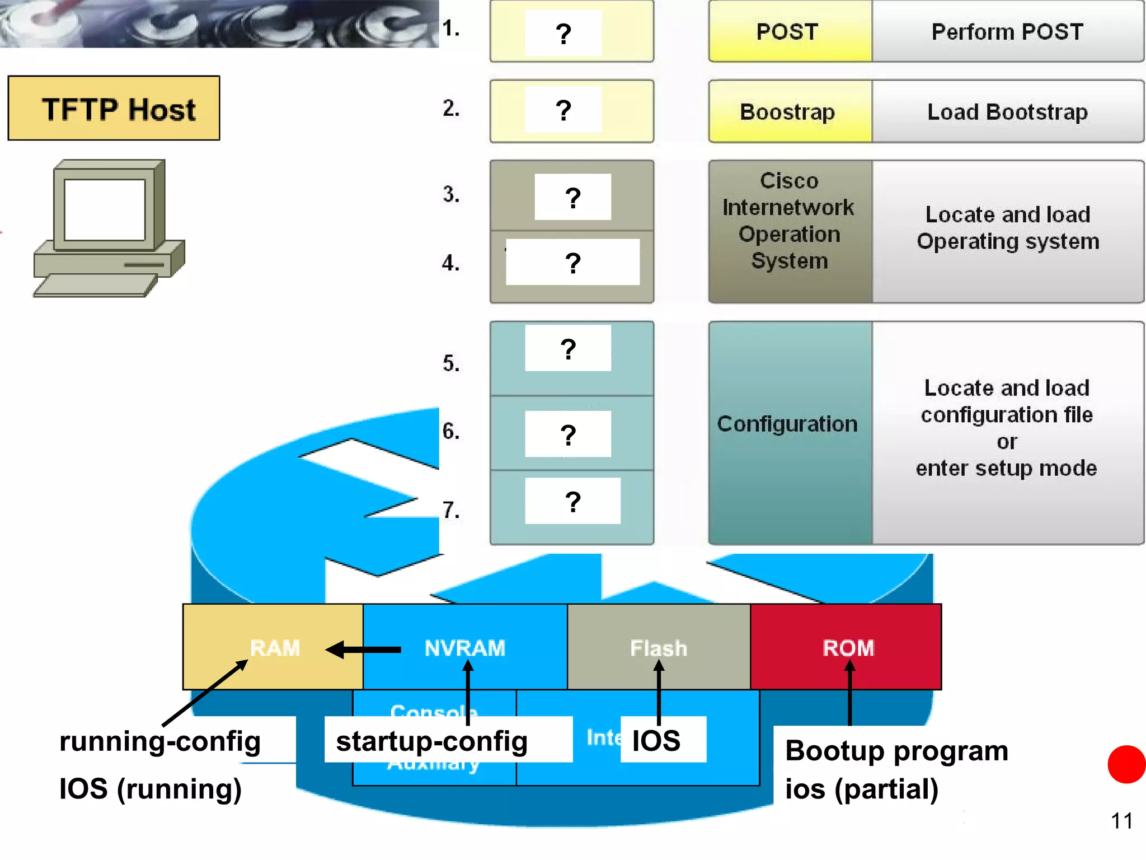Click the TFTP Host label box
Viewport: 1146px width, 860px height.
pos(114,108)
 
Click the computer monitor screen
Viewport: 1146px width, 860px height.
pos(105,209)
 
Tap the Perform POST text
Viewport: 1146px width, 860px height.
pos(1007,31)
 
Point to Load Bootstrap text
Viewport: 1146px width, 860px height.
pos(1007,111)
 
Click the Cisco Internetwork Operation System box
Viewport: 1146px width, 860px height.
pos(790,221)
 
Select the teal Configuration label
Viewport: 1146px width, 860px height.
pos(787,424)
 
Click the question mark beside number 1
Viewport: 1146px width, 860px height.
pos(563,33)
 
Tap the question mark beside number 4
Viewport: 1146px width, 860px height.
pos(572,262)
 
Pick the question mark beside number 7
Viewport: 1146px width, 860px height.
pos(572,501)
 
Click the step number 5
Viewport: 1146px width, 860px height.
pos(451,363)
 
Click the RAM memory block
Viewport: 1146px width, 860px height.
pos(274,647)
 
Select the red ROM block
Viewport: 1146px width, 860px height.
pos(847,647)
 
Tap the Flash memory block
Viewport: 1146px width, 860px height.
pos(659,647)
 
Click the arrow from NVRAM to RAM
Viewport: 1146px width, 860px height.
pos(364,650)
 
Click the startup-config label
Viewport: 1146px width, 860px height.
pos(432,740)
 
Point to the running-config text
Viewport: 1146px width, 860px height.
pos(160,740)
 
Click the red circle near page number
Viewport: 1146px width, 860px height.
pos(1127,764)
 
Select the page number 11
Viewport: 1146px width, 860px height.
pos(1121,821)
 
